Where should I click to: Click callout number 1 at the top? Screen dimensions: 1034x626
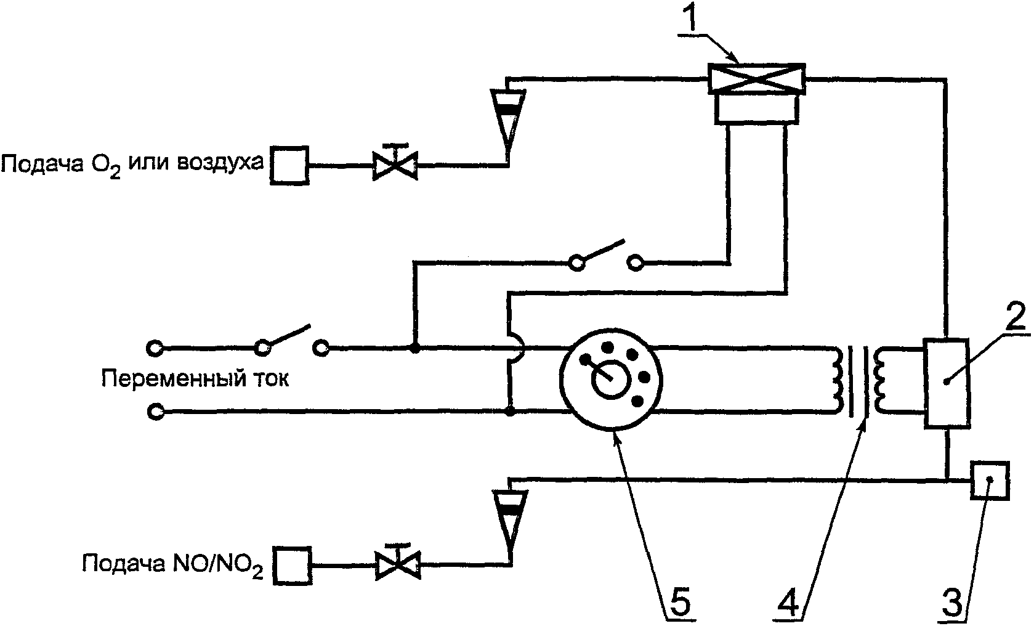pyautogui.click(x=691, y=17)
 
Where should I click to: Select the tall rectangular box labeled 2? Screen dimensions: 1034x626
pyautogui.click(x=947, y=383)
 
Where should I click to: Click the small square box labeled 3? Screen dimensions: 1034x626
pyautogui.click(x=990, y=481)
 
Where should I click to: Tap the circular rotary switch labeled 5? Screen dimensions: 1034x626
pyautogui.click(x=611, y=380)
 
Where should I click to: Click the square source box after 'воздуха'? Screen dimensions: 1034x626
pyautogui.click(x=289, y=165)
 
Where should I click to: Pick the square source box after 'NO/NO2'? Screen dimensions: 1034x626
pyautogui.click(x=293, y=566)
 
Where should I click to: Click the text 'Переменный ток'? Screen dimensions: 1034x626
pyautogui.click(x=195, y=379)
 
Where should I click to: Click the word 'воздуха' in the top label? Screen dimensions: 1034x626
pyautogui.click(x=220, y=161)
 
